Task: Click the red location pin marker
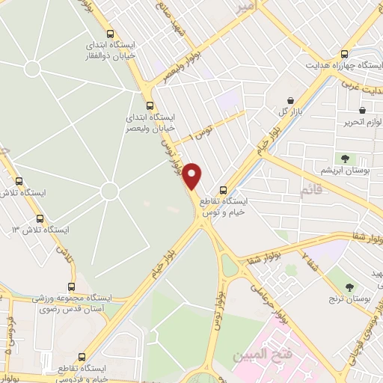click(193, 176)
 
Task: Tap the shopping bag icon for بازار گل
click(291, 100)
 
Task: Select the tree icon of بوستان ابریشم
click(345, 158)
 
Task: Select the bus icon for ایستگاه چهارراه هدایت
click(344, 54)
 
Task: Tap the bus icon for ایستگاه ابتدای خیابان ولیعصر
click(150, 105)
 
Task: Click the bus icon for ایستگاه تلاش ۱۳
click(40, 218)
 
